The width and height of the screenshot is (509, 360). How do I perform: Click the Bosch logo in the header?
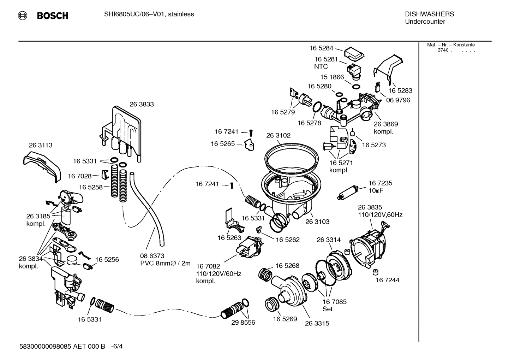[43, 16]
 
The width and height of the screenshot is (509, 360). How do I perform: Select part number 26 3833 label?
[142, 104]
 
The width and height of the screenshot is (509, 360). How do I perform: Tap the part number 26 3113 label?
[41, 145]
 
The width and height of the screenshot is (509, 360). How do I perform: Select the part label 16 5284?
[321, 48]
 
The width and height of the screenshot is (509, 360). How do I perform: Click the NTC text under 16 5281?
[321, 66]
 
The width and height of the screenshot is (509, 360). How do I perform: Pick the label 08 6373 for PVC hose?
[152, 256]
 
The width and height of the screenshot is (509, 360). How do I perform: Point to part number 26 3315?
[317, 323]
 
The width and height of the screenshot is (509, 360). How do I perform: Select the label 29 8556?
[243, 323]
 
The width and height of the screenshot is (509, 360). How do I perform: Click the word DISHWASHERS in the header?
[429, 14]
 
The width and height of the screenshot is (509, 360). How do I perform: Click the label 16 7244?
[387, 280]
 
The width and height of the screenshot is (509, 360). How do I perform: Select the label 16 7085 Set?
[334, 305]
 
